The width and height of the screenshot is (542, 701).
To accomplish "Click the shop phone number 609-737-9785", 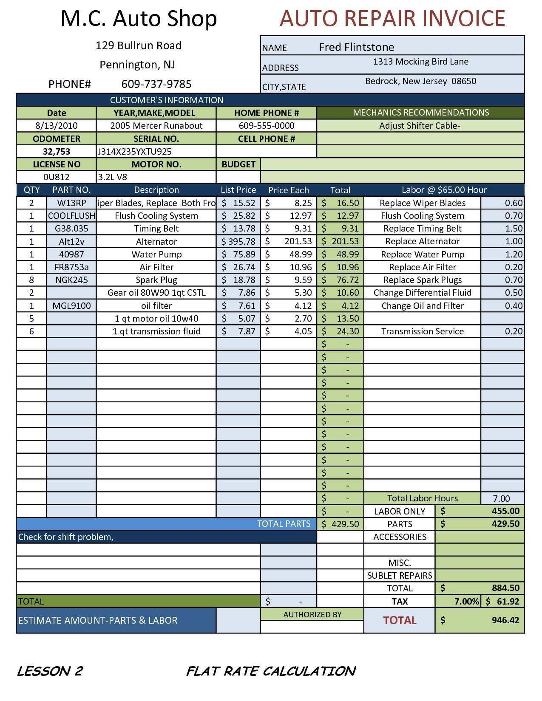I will tap(156, 84).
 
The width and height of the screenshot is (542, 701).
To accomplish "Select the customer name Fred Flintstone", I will tap(356, 47).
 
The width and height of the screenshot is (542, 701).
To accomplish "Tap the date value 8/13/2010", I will tap(57, 126).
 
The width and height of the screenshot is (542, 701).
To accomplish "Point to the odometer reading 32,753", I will tap(57, 152).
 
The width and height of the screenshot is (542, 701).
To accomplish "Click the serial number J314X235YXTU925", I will tap(135, 152).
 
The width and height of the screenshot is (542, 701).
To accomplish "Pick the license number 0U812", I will tap(57, 177).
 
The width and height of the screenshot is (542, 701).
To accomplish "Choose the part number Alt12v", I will tap(71, 242).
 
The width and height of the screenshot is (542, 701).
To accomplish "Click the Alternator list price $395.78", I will tap(238, 242).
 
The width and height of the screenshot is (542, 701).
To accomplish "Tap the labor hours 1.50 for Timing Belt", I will tap(514, 229).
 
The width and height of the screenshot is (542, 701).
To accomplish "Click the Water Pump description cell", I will tap(156, 254).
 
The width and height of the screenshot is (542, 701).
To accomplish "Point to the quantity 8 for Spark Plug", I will tap(31, 280).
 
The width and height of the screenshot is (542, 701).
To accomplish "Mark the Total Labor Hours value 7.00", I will tap(502, 498).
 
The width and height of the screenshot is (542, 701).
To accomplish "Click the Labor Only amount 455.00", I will tap(505, 511).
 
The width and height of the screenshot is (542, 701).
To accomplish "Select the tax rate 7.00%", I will tap(466, 601).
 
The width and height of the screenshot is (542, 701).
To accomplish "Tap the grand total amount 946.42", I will tap(505, 620).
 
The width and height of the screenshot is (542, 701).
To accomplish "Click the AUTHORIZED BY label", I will tap(312, 614).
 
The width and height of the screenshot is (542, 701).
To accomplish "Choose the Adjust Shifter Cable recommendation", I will tap(420, 126).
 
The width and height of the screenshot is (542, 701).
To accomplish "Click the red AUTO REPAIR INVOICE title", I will tap(392, 18).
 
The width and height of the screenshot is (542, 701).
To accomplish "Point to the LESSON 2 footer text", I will tap(50, 671).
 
